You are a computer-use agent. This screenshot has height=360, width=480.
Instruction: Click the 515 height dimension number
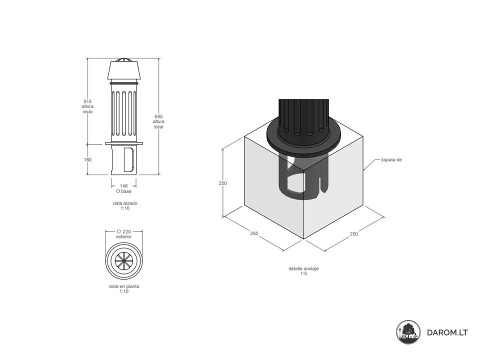87,101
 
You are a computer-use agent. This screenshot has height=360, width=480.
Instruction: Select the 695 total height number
158,116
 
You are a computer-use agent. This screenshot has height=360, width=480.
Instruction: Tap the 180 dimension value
87,159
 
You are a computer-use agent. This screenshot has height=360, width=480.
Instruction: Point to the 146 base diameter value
123,186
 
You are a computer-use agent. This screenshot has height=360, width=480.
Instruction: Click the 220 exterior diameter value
127,231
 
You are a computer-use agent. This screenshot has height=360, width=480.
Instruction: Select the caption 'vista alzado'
125,203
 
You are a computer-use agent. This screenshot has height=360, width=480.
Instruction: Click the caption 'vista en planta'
124,286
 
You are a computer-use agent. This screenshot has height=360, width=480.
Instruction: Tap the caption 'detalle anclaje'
303,269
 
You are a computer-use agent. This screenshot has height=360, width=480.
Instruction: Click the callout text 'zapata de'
391,160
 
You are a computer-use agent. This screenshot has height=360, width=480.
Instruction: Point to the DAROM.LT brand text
447,332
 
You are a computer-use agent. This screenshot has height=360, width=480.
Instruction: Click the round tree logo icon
408,332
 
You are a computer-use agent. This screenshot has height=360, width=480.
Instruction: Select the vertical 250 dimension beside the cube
223,183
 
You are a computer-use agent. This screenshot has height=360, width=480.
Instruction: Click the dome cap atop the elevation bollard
124,59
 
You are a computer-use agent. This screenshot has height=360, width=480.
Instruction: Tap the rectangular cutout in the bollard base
129,159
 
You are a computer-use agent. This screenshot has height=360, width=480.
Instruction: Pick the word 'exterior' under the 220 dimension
124,236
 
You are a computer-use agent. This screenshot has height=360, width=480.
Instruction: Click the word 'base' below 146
126,191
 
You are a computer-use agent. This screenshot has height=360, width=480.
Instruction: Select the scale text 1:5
303,273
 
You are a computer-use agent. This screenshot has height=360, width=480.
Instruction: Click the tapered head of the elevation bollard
124,70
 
